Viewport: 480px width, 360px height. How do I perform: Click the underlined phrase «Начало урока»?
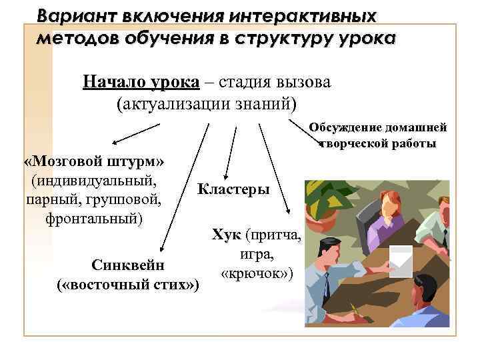coord(141,82)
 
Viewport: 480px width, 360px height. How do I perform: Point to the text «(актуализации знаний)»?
coord(205,104)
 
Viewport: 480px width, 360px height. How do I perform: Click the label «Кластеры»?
coord(233,189)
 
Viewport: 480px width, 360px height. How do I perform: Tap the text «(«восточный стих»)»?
coord(128,285)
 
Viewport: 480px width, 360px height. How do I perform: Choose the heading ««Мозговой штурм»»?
coord(95,162)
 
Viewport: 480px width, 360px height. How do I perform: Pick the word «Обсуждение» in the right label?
coord(343,128)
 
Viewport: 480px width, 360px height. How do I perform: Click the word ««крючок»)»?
coord(257,274)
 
